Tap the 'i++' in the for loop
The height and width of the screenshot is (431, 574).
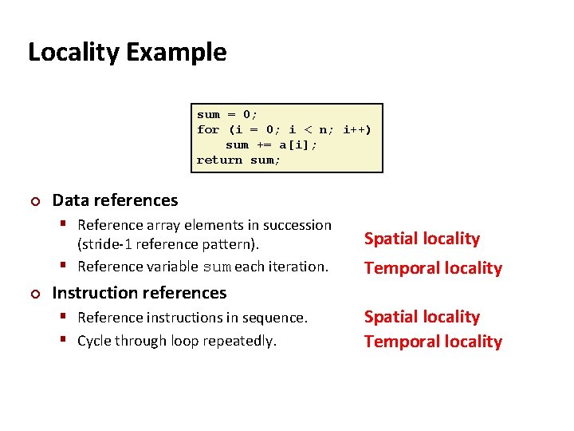click(356, 129)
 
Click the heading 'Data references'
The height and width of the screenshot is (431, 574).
click(115, 200)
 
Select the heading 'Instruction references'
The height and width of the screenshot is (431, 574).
click(139, 293)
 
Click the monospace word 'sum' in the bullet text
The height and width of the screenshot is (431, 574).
click(216, 267)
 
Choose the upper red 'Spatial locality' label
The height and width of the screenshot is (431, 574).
click(422, 239)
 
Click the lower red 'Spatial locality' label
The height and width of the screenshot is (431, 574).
click(422, 317)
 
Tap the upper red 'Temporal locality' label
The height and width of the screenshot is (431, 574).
click(433, 268)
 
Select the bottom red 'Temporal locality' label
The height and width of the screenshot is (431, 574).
click(433, 342)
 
